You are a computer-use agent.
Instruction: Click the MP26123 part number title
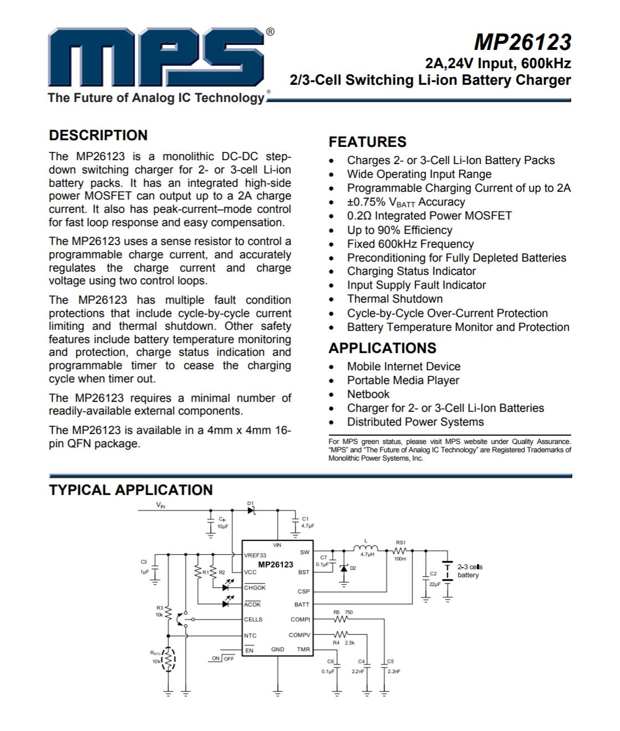click(522, 43)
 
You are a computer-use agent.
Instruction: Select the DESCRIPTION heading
click(98, 135)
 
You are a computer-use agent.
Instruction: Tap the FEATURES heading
click(367, 142)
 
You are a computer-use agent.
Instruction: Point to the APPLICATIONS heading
click(382, 348)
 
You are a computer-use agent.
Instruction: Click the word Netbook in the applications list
click(368, 394)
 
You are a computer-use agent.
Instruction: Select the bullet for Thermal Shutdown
click(331, 300)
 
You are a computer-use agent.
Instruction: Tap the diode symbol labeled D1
click(252, 510)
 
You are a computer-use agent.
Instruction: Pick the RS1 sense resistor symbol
click(400, 551)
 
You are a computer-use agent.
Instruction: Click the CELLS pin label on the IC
click(253, 620)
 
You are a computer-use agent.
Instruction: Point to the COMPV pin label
click(299, 635)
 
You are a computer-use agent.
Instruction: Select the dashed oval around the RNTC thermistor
click(169, 659)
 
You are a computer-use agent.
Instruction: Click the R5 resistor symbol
click(341, 619)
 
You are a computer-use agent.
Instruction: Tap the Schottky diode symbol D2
click(344, 569)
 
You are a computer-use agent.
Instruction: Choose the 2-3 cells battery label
click(469, 571)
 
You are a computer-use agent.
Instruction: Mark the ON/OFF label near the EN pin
click(223, 658)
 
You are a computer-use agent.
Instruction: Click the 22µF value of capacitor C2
click(434, 584)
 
